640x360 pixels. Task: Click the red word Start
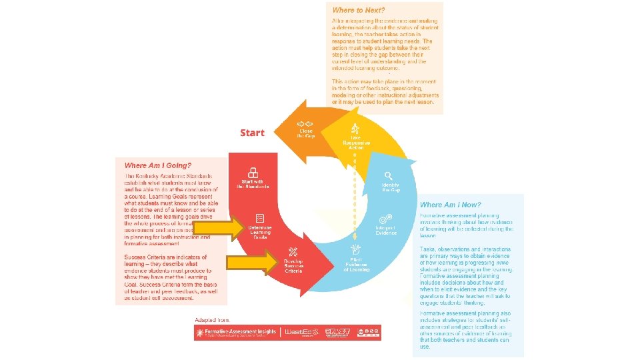252,133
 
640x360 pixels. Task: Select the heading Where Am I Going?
158,165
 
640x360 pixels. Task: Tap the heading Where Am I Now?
451,205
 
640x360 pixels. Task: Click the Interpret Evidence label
385,230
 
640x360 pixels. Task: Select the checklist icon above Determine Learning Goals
260,218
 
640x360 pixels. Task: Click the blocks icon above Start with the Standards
253,171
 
